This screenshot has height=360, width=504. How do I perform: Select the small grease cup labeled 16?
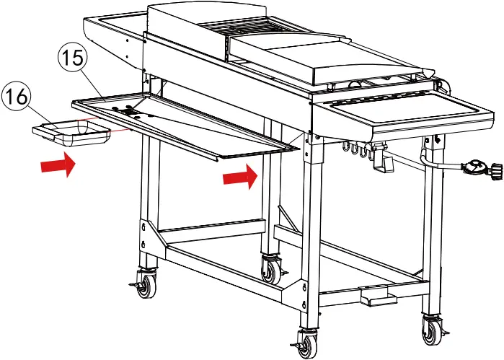[70, 132]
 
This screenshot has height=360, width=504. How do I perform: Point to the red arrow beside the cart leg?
[241, 176]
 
